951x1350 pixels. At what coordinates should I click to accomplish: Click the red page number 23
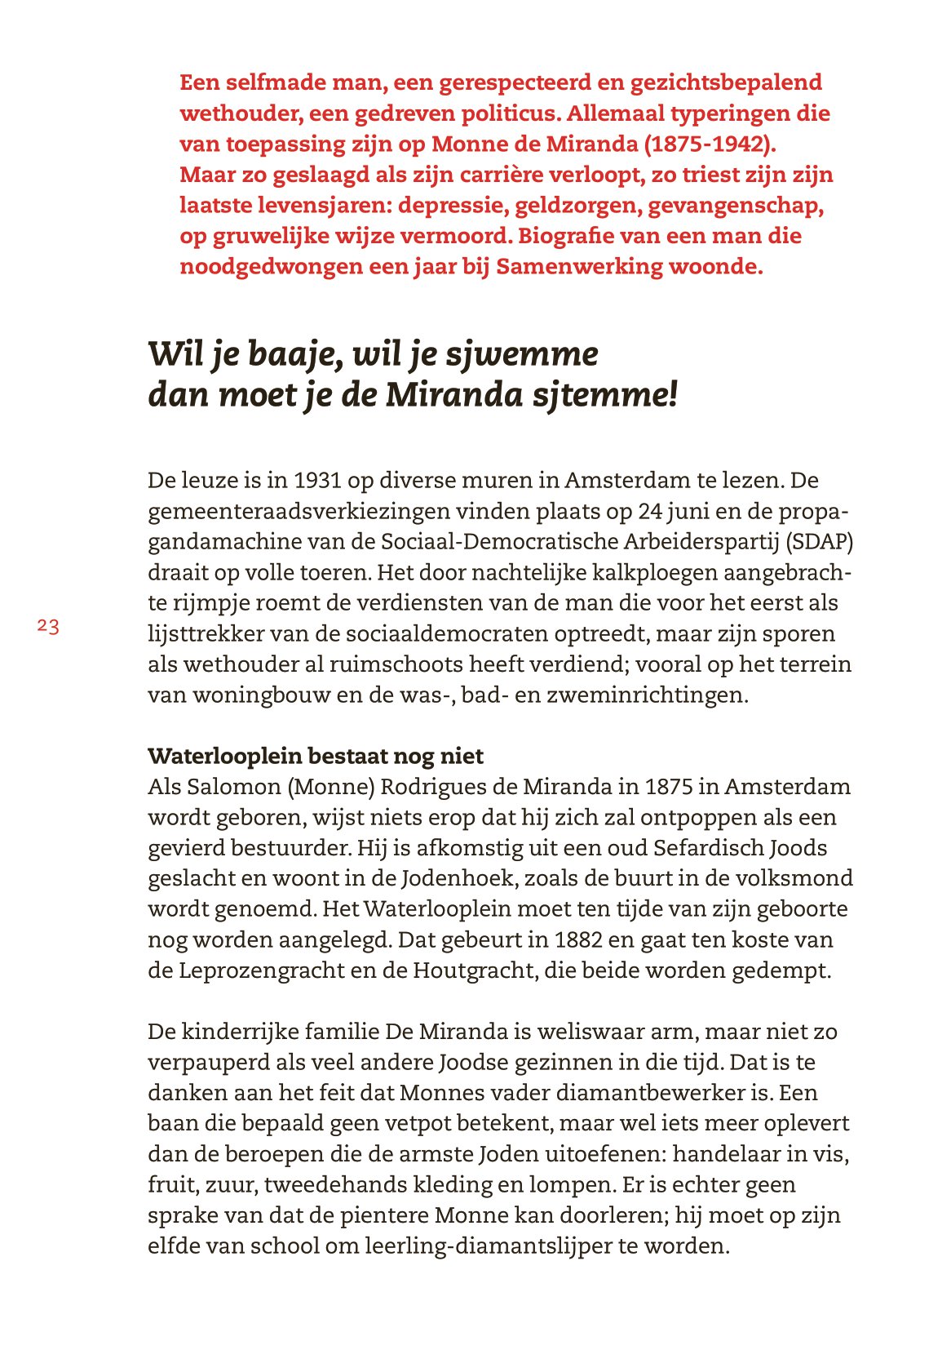(48, 627)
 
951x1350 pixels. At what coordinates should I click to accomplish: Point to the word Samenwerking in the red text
(580, 267)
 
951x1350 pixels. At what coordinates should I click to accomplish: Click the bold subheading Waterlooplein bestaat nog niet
(316, 757)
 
